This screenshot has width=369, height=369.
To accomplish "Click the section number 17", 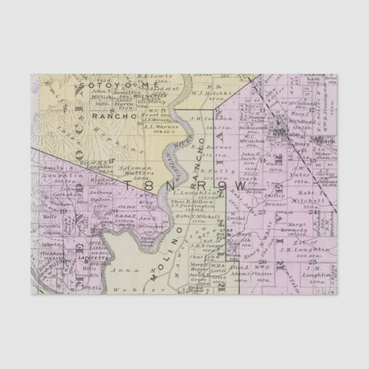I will coord(112,160).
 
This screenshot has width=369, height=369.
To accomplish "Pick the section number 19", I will coord(63,211).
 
